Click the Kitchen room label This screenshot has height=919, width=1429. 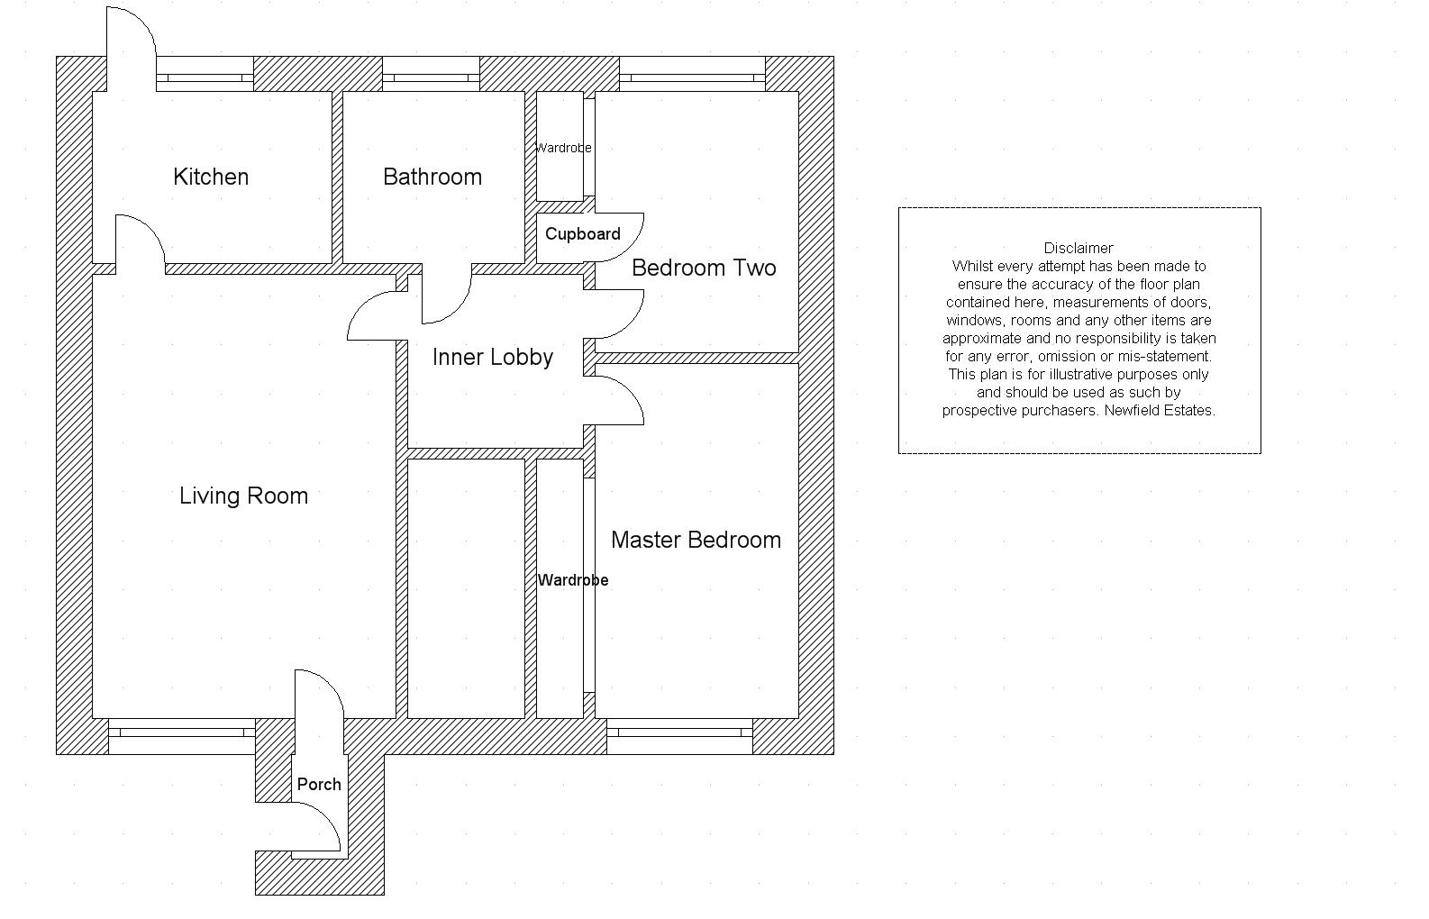pyautogui.click(x=211, y=177)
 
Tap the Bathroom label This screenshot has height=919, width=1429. pyautogui.click(x=432, y=177)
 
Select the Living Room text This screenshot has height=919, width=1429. pyautogui.click(x=243, y=496)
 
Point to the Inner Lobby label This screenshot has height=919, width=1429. pyautogui.click(x=493, y=358)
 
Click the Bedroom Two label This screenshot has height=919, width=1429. pyautogui.click(x=704, y=268)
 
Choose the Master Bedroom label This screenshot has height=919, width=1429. pyautogui.click(x=696, y=540)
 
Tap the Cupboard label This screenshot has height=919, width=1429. pyautogui.click(x=583, y=234)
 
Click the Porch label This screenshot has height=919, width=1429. pyautogui.click(x=319, y=785)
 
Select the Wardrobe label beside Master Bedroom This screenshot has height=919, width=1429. pyautogui.click(x=573, y=580)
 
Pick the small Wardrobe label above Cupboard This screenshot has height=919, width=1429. pyautogui.click(x=563, y=148)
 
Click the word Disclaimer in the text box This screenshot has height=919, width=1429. pyautogui.click(x=1079, y=248)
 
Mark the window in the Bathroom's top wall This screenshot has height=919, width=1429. pyautogui.click(x=431, y=77)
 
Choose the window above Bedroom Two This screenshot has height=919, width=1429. pyautogui.click(x=692, y=77)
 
